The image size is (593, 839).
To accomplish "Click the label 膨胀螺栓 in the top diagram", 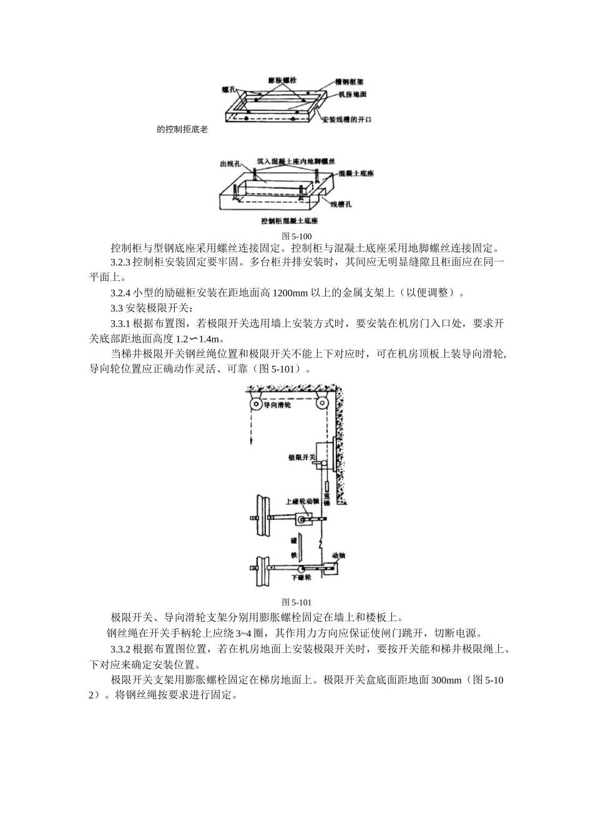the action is click(x=282, y=81).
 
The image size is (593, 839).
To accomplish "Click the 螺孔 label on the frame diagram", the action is click(x=229, y=90).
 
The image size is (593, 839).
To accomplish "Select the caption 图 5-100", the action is click(x=296, y=236).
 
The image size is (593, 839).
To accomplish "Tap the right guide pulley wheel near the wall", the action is click(x=322, y=403).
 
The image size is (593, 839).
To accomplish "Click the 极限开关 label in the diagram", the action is click(x=300, y=457).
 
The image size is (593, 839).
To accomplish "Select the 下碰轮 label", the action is click(x=301, y=578).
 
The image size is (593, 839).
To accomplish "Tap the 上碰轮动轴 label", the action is click(x=301, y=501).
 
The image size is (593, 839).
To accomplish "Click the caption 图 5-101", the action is click(x=296, y=602).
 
